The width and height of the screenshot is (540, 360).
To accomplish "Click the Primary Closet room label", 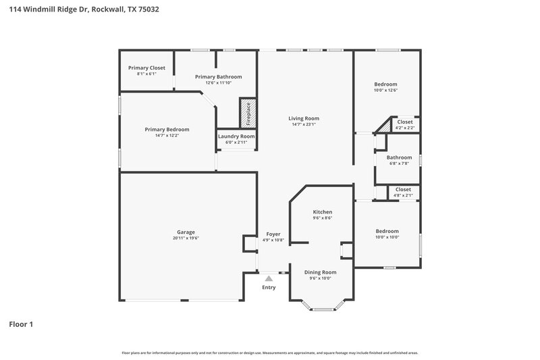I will tap(146, 68).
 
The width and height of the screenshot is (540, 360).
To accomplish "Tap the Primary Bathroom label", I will tap(218, 77).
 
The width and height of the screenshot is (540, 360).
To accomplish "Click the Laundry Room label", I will tap(236, 136).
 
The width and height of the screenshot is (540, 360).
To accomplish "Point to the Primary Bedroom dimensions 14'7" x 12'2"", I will tap(167, 135).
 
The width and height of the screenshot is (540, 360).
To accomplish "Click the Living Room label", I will tap(304, 118).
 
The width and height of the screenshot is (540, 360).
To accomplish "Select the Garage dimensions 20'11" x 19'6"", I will tap(186, 238).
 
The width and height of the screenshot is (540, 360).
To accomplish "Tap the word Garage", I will tap(186, 232).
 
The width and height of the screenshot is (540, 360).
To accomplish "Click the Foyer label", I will tap(273, 234).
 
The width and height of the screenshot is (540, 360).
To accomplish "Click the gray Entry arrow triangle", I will tap(269, 278).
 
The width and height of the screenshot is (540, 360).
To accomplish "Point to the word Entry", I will tap(269, 287).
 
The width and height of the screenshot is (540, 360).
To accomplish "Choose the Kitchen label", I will tap(322, 211).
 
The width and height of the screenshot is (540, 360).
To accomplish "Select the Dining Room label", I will tap(321, 272).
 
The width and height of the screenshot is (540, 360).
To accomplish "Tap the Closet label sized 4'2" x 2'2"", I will tap(405, 122).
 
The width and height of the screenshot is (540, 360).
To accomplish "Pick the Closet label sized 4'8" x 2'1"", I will tap(403, 189).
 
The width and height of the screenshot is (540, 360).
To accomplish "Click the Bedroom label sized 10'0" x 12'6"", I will tap(386, 84).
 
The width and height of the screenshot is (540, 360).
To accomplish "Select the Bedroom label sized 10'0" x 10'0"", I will tap(387, 231).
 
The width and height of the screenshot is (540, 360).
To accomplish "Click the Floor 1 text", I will tap(21, 324).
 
